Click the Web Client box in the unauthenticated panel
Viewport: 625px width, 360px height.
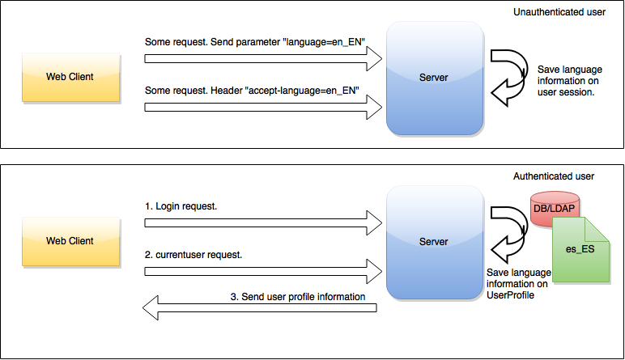click(x=70, y=77)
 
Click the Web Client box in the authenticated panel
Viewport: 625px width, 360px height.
click(x=70, y=241)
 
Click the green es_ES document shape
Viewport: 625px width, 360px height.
click(x=580, y=249)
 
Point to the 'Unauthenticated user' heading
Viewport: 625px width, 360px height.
click(x=559, y=13)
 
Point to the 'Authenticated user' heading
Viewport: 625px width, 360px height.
click(x=554, y=176)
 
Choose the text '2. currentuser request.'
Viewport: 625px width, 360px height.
click(x=193, y=253)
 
